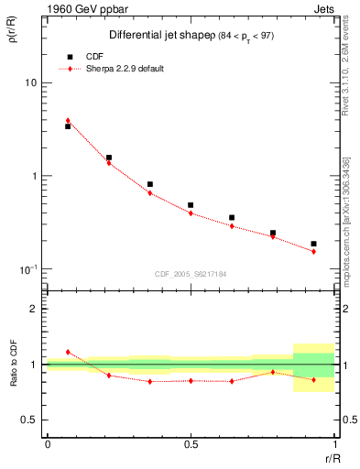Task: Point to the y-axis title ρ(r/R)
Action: [x=16, y=35]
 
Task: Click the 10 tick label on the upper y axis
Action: [x=30, y=83]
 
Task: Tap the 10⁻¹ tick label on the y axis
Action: [x=28, y=269]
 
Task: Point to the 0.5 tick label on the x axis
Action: [x=190, y=444]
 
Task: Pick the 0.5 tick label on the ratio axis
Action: [x=30, y=420]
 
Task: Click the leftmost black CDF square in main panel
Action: [x=68, y=126]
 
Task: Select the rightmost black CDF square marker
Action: [x=313, y=244]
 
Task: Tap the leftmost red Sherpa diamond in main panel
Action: [x=68, y=120]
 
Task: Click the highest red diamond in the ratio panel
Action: [x=68, y=352]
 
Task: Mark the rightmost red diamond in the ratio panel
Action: [x=313, y=379]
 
